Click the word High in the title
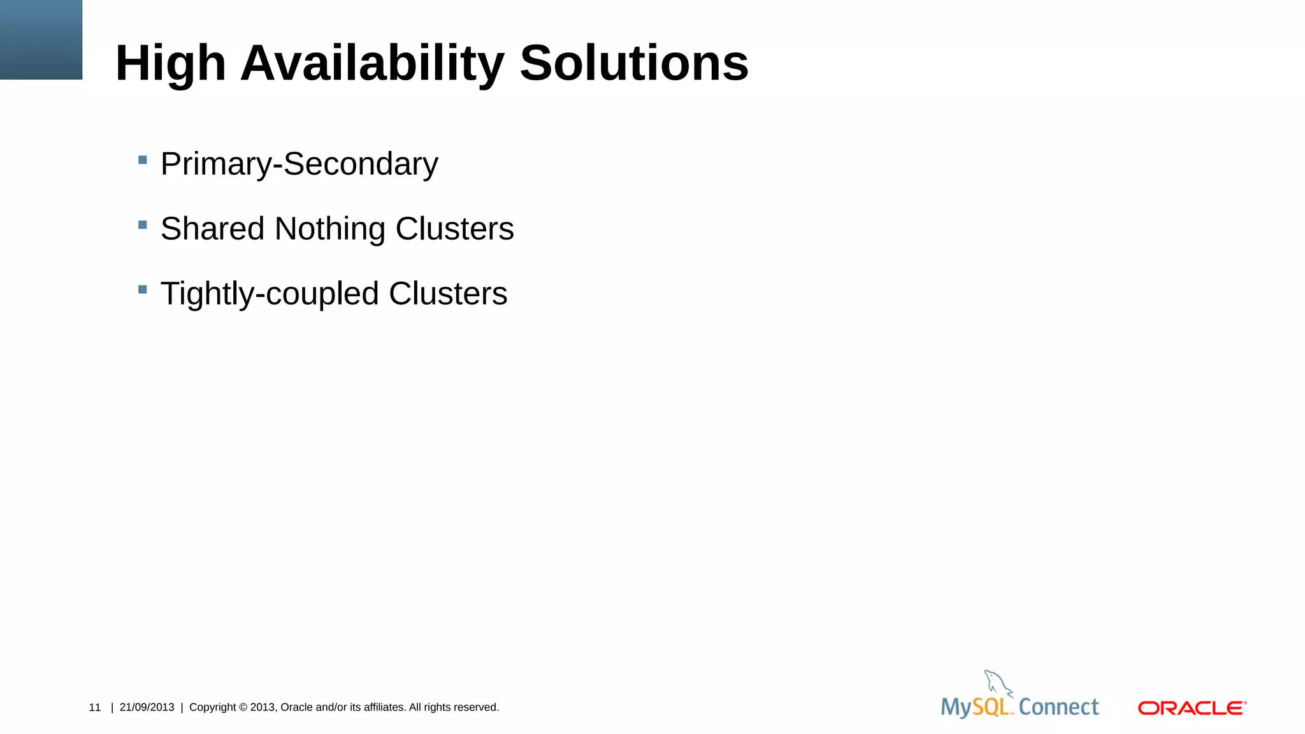point(170,63)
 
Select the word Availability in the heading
point(372,63)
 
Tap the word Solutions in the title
point(634,63)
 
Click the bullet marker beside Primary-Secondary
point(143,160)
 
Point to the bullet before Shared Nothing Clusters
point(143,225)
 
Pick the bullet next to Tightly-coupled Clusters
point(143,290)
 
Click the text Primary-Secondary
point(299,164)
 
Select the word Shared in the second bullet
point(212,229)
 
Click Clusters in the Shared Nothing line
point(454,229)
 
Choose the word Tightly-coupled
point(270,294)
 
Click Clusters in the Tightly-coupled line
point(448,294)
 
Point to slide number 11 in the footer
point(95,707)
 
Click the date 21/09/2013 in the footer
point(147,707)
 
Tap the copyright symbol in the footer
point(243,707)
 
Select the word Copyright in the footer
point(212,707)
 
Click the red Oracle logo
point(1192,708)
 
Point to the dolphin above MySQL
point(997,683)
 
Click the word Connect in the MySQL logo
point(1058,707)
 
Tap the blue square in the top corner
point(41,40)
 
